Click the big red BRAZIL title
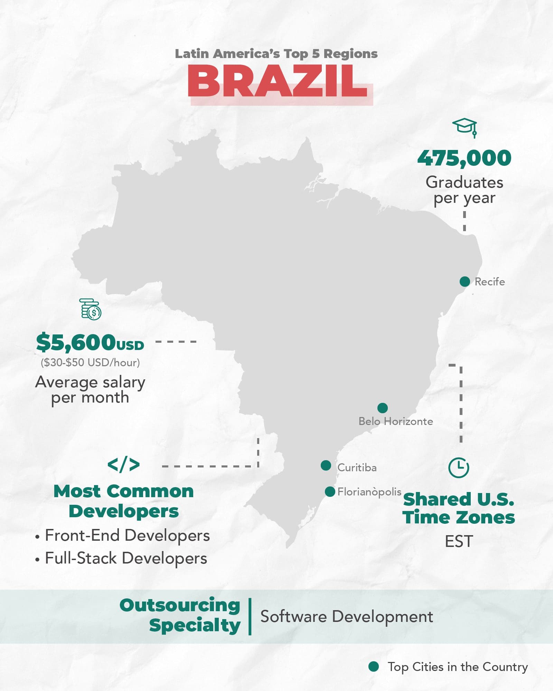click(278, 81)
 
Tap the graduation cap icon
click(465, 127)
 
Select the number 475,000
click(464, 158)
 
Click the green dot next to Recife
click(465, 281)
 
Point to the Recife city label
click(489, 282)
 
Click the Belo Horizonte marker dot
click(382, 408)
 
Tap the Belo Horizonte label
click(395, 422)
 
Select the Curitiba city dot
click(326, 465)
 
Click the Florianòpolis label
click(369, 492)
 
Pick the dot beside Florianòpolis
click(330, 491)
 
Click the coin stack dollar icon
click(91, 309)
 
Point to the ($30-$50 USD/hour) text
click(90, 362)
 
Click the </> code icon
click(123, 464)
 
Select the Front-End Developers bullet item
click(127, 536)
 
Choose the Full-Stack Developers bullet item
click(126, 558)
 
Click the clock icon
click(458, 468)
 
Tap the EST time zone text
click(458, 541)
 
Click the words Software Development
click(346, 617)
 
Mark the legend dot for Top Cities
click(373, 666)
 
